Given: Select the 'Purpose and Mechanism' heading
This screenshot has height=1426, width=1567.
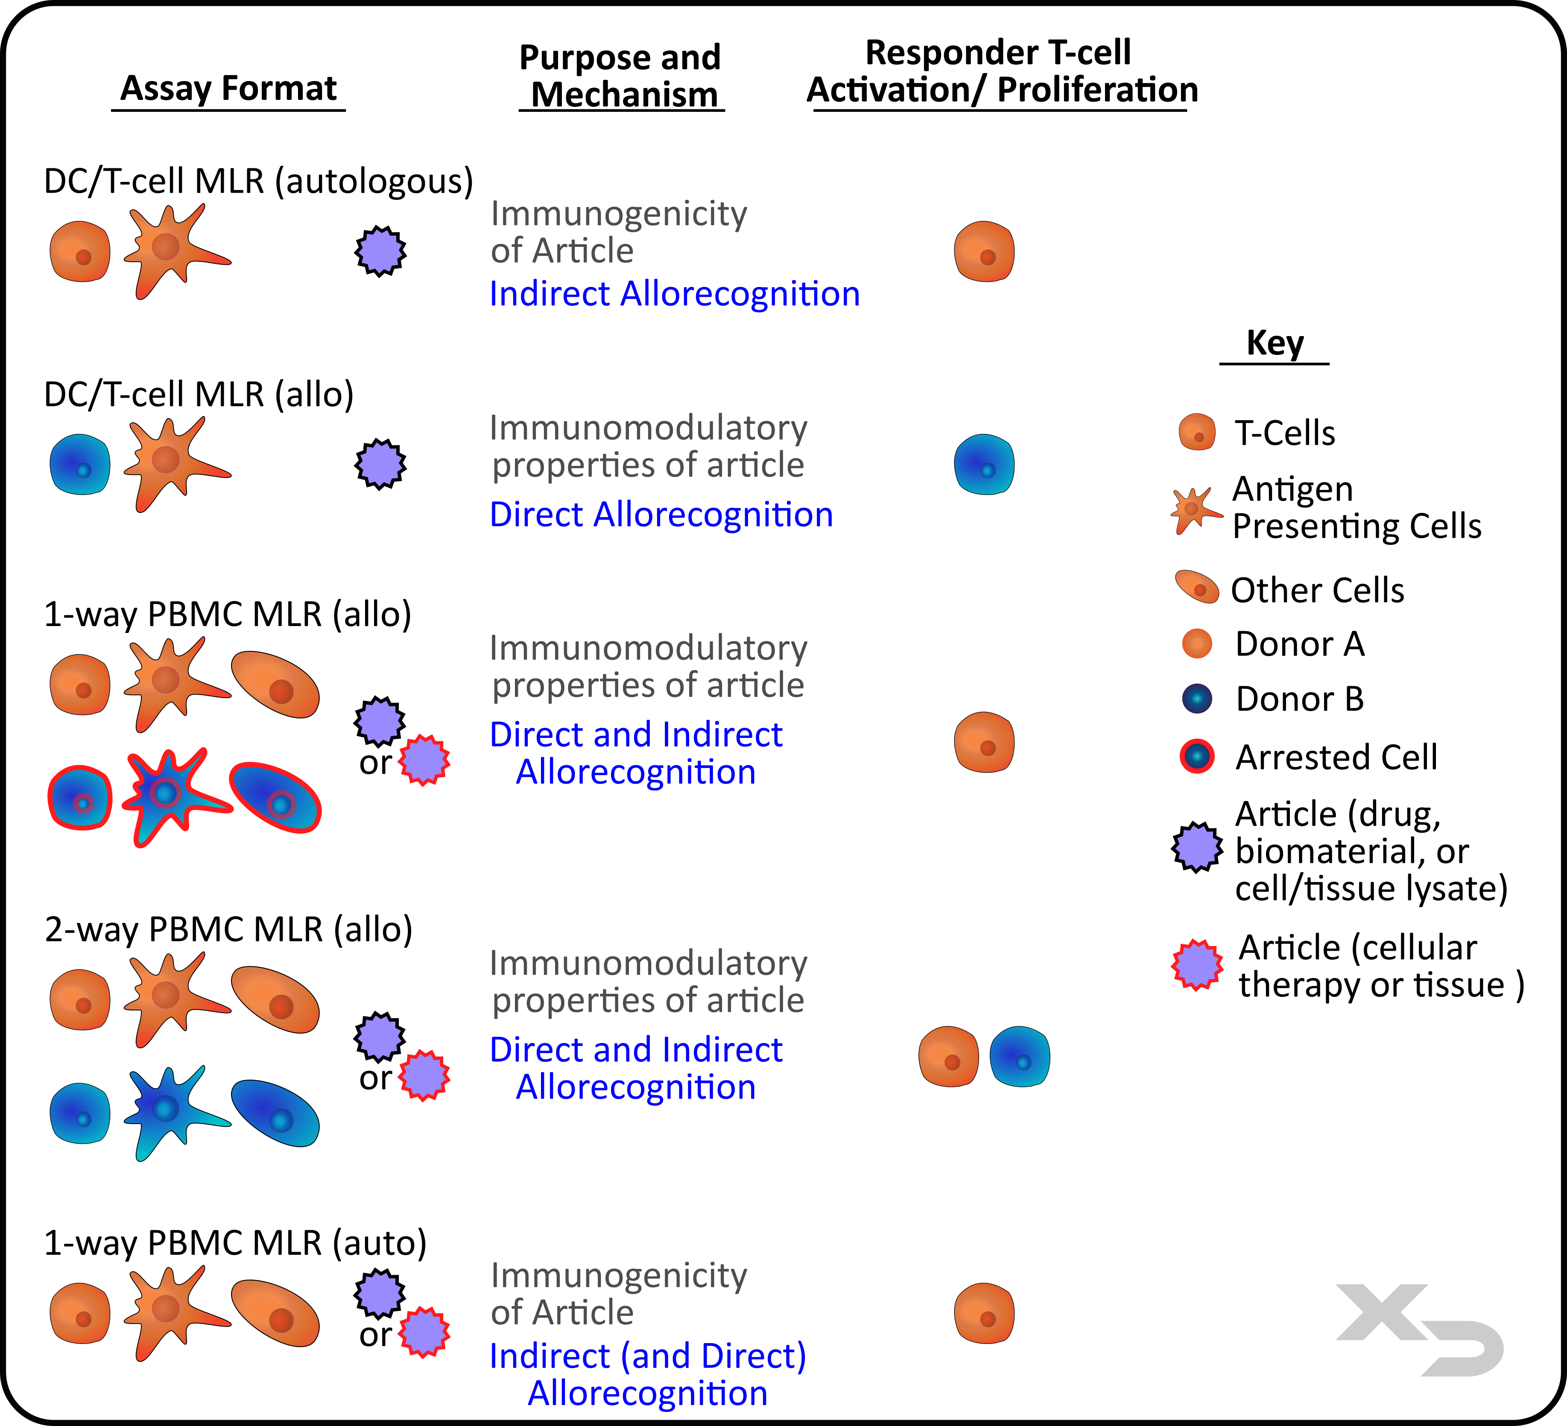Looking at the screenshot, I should [620, 76].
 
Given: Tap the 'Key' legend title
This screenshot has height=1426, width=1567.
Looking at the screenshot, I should [1275, 343].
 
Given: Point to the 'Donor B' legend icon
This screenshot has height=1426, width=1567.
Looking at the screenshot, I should [1197, 698].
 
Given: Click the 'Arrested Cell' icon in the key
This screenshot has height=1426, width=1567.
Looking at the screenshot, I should [1197, 756].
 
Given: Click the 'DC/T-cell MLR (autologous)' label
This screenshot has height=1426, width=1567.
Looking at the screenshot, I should [258, 181].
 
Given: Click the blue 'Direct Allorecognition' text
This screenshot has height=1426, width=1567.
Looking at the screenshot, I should [661, 515].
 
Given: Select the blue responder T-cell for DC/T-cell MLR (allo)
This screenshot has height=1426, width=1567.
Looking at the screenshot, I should [984, 465].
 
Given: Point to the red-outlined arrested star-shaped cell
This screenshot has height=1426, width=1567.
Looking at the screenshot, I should [167, 795].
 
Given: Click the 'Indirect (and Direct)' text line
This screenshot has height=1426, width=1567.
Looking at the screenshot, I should [647, 1356].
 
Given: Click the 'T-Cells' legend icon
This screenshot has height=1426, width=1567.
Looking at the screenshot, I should [1197, 432].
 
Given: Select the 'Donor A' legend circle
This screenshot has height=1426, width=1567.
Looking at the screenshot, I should [1197, 644].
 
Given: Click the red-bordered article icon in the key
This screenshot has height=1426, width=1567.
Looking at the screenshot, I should [1197, 965].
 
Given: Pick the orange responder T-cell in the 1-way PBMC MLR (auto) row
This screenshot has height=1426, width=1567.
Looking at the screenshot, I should [984, 1314].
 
